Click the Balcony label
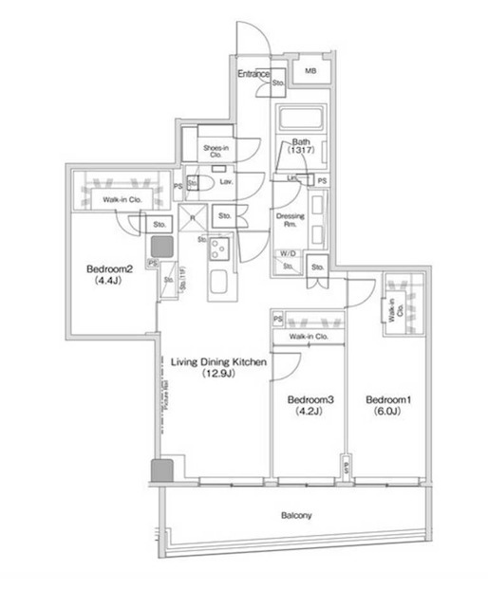point(297,516)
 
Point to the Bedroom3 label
point(310,400)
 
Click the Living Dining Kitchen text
point(219,362)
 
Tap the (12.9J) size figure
point(218,374)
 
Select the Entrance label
point(253,74)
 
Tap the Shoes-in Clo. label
point(217,149)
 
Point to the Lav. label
point(227,180)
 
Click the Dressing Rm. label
point(290,220)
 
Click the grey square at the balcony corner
point(160,469)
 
